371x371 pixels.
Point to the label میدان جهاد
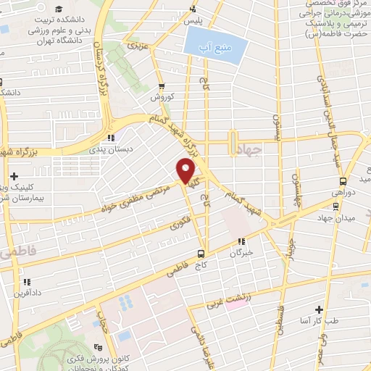[335, 217]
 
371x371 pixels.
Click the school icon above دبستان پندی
[110, 137]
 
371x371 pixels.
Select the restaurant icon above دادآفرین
[26, 282]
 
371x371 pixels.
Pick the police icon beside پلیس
[193, 9]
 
